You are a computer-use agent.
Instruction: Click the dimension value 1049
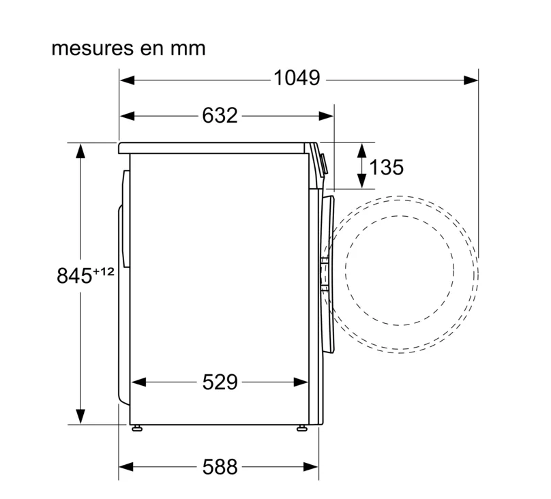(x=297, y=78)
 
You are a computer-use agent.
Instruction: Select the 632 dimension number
(x=220, y=115)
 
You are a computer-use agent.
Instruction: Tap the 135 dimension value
(x=386, y=167)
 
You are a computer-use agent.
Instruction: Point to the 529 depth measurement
(x=220, y=382)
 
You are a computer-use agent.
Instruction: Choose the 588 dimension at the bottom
(x=220, y=467)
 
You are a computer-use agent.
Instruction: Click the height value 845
(x=74, y=275)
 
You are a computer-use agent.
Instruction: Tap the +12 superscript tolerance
(x=104, y=271)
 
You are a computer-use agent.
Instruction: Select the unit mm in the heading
(x=188, y=49)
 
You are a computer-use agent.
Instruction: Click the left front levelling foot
(x=136, y=428)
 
